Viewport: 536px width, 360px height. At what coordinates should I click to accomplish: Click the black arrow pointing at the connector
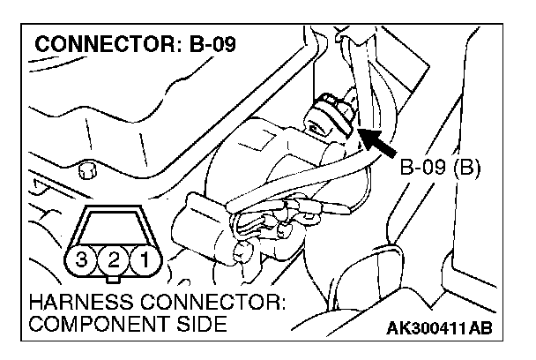click(376, 142)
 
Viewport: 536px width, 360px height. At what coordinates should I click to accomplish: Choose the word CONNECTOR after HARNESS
click(219, 304)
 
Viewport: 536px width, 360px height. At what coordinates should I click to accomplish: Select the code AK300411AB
click(438, 328)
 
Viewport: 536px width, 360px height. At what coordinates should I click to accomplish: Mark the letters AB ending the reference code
click(477, 328)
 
